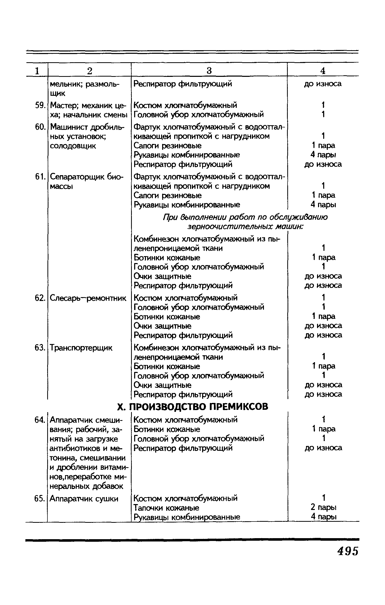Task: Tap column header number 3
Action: [209, 71]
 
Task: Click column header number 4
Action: [323, 71]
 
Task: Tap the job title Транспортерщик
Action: [81, 348]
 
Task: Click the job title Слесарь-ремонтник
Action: [88, 298]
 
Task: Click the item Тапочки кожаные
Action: [167, 508]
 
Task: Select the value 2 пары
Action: [323, 507]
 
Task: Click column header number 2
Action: [89, 71]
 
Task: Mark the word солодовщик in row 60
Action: [73, 146]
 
